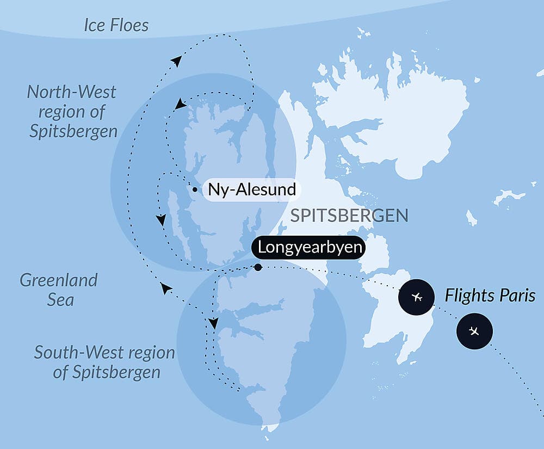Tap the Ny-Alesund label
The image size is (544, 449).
[252, 190]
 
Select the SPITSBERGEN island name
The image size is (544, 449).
[349, 215]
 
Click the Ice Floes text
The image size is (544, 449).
[116, 25]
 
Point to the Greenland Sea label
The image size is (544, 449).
[59, 290]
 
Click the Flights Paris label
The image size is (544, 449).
[490, 296]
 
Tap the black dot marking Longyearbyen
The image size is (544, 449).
[258, 267]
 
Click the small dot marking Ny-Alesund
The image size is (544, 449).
[194, 189]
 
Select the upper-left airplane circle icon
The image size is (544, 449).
[417, 297]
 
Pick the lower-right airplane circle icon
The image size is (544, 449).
[474, 331]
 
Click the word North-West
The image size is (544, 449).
[72, 92]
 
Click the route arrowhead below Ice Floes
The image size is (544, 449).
[176, 61]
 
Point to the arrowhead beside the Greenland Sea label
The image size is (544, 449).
[166, 288]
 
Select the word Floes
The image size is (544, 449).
[128, 25]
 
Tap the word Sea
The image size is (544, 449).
[60, 299]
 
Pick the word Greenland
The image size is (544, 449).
[59, 280]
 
